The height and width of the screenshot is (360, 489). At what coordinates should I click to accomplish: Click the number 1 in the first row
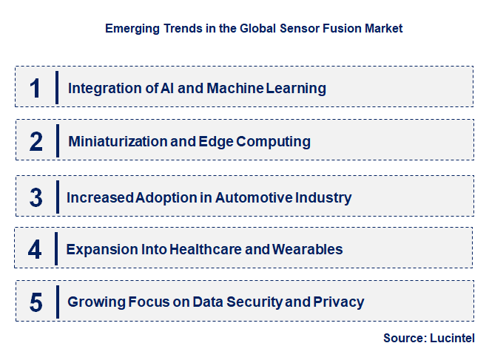pyautogui.click(x=36, y=88)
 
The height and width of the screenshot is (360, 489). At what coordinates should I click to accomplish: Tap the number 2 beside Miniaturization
pyautogui.click(x=36, y=141)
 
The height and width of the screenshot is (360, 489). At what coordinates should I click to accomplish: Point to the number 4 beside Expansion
pyautogui.click(x=36, y=249)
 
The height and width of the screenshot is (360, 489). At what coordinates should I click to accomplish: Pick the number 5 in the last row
pyautogui.click(x=36, y=302)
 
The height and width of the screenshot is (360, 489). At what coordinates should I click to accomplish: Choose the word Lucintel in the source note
pyautogui.click(x=452, y=338)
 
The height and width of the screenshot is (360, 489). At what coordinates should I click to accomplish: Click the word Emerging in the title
pyautogui.click(x=130, y=29)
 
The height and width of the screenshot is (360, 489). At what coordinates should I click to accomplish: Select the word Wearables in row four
pyautogui.click(x=307, y=250)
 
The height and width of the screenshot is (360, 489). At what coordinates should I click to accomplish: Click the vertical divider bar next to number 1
pyautogui.click(x=56, y=87)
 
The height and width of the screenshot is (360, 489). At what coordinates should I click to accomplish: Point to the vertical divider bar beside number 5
pyautogui.click(x=56, y=302)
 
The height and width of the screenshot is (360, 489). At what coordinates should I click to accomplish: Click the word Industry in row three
pyautogui.click(x=323, y=198)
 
